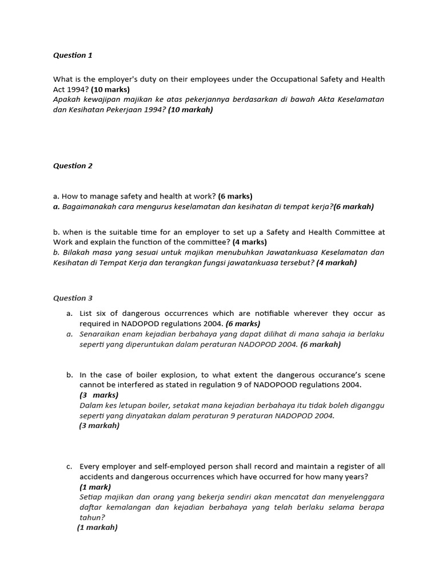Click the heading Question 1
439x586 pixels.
point(73,56)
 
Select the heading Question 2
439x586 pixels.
point(73,166)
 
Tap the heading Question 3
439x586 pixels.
point(73,298)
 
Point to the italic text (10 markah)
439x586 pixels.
point(190,109)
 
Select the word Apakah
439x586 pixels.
point(68,100)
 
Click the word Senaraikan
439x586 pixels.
point(101,334)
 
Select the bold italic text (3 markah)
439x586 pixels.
point(99,426)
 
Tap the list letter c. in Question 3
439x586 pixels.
point(69,466)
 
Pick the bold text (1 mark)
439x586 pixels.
point(95,487)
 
